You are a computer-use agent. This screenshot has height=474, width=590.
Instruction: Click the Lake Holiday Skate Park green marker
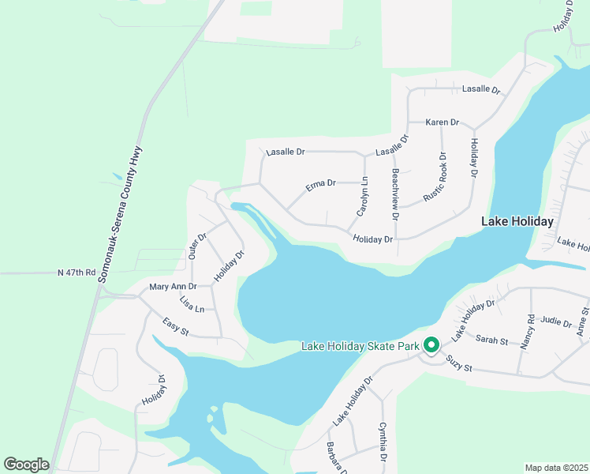tap(431, 346)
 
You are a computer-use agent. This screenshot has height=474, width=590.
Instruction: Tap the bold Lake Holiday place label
tap(517, 222)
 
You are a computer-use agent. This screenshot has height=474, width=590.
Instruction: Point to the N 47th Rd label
tap(77, 273)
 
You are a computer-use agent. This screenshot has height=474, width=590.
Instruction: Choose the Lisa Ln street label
tap(192, 303)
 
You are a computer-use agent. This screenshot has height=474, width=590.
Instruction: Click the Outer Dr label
tap(197, 246)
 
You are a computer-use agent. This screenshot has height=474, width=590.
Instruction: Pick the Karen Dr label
tap(442, 122)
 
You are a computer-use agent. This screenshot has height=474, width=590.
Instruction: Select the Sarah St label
tap(491, 340)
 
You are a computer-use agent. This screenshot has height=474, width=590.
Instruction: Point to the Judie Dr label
tap(556, 322)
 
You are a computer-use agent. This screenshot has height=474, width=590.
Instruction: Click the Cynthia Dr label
tap(383, 443)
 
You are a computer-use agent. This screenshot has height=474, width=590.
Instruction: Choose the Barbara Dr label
tap(338, 457)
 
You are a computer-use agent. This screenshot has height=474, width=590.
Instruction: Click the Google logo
tap(26, 464)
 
